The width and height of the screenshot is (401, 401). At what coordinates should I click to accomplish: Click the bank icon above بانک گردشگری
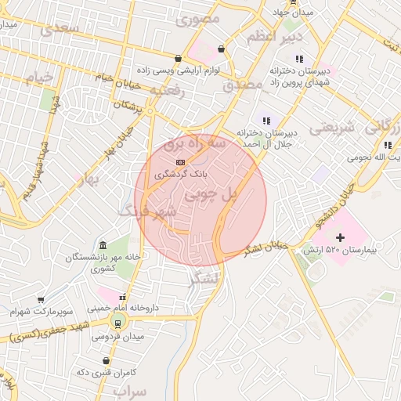pos(181,163)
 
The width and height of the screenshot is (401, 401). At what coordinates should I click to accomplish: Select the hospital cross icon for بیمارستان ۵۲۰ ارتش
pos(340,237)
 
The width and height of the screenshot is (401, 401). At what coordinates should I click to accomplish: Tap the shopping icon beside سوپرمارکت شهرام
pos(42,300)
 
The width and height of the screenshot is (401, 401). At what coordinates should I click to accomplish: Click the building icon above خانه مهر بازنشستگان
pos(103,245)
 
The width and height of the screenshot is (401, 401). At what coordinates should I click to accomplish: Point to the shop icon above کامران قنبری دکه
pos(107,361)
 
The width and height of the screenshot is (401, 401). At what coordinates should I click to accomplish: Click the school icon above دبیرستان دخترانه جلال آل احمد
pos(266,121)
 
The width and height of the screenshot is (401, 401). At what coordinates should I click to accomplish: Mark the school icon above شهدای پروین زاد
pos(298,58)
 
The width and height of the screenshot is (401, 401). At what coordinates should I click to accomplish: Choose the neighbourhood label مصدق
pos(240,85)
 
